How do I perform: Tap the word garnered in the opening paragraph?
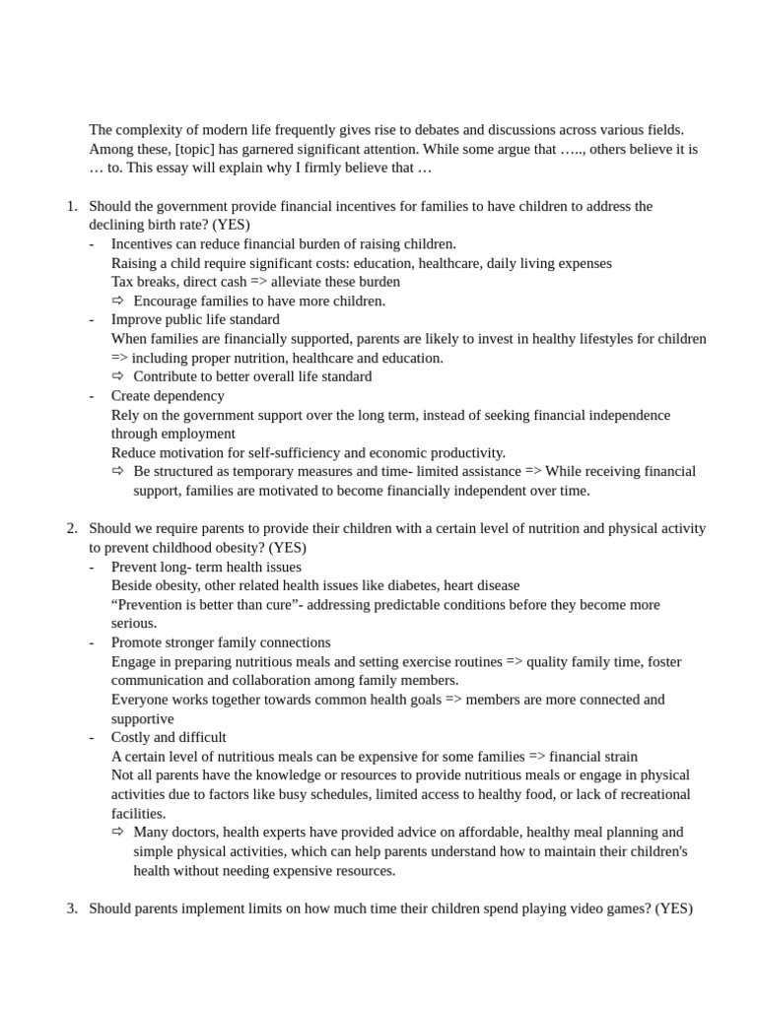(276, 149)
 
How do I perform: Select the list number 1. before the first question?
(72, 206)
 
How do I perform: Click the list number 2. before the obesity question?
(72, 528)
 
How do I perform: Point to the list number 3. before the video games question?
(72, 908)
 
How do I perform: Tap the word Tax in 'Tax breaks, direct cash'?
(123, 282)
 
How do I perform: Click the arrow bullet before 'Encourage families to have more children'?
(118, 301)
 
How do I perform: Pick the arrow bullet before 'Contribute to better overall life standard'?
(118, 376)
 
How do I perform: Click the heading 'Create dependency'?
(168, 395)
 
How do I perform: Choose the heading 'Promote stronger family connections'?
(221, 642)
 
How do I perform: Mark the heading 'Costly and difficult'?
(169, 737)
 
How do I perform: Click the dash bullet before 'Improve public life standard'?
(92, 319)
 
